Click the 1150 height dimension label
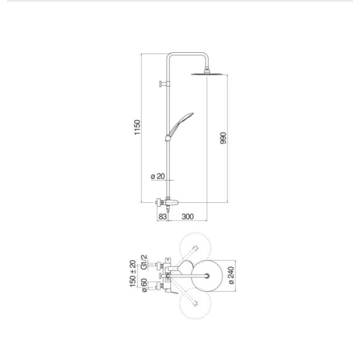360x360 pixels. [137, 127]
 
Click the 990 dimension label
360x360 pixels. [223, 138]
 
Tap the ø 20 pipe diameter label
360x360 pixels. [158, 176]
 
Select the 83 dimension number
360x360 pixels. [163, 217]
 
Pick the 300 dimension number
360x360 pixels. [188, 217]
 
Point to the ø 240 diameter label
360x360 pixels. [232, 275]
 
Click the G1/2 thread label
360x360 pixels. [144, 262]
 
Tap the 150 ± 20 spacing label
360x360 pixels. [133, 274]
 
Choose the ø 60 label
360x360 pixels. [144, 285]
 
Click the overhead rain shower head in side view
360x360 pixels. [207, 74]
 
